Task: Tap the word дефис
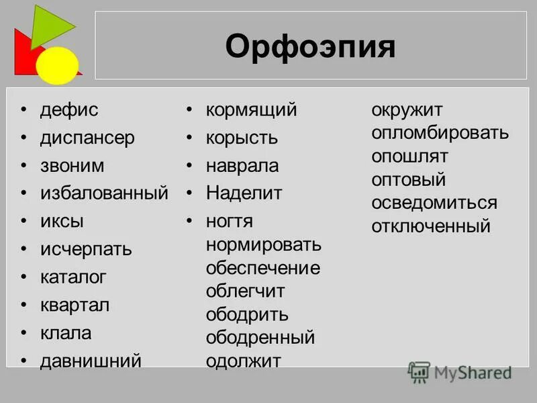(68, 110)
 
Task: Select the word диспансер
(87, 138)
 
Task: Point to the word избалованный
(104, 193)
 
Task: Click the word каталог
(73, 277)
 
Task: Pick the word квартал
(75, 305)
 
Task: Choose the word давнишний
(91, 361)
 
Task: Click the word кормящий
(251, 110)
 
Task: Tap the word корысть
(242, 138)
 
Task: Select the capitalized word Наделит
(244, 193)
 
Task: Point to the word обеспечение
(263, 269)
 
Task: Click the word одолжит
(243, 361)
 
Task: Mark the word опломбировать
(440, 132)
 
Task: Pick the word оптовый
(409, 179)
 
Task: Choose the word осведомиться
(434, 203)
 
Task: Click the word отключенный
(431, 226)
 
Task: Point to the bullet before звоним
(24, 166)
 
